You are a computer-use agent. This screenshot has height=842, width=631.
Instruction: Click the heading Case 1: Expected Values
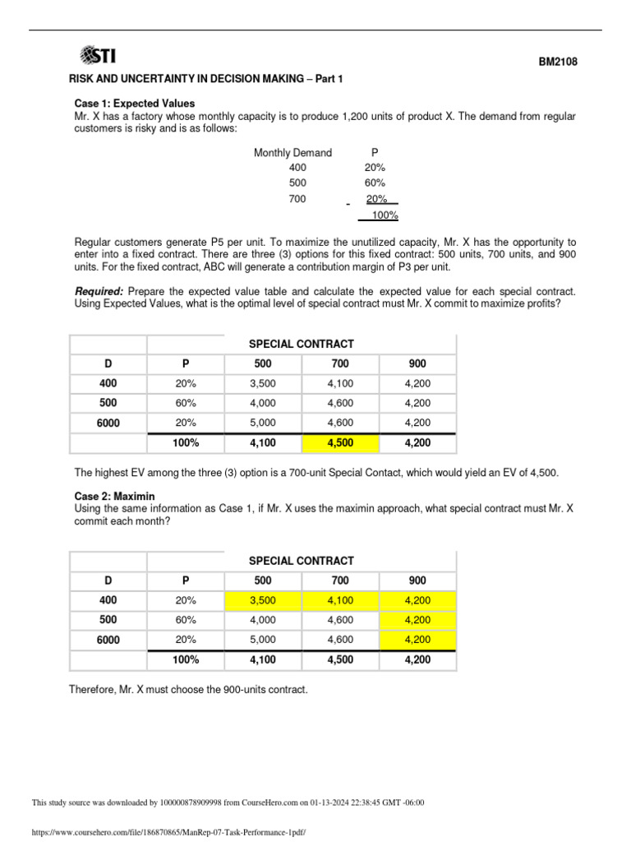[x=135, y=104]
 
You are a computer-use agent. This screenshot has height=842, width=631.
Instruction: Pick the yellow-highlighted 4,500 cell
[x=340, y=443]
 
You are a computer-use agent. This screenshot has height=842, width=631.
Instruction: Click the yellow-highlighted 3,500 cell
[x=263, y=600]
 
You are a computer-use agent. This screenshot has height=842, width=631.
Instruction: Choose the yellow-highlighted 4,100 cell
[x=340, y=600]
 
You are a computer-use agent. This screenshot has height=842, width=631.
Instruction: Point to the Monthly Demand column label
[x=292, y=152]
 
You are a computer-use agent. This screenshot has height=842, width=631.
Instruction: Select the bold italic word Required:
[x=99, y=292]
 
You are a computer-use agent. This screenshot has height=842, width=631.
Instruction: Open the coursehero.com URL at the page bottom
[x=168, y=832]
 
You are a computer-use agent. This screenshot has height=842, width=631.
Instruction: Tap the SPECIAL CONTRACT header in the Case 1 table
[x=302, y=344]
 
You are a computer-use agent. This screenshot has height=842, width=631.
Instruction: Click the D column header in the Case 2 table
[x=108, y=581]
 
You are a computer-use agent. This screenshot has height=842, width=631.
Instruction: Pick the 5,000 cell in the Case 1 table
[x=263, y=423]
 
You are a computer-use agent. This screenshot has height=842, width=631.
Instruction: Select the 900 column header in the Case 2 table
[x=417, y=581]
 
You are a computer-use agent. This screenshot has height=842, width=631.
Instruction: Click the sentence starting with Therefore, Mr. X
[x=188, y=689]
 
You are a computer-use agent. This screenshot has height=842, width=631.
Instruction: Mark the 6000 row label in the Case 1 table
[x=108, y=423]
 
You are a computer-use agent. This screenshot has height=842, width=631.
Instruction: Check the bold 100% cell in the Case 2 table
[x=186, y=659]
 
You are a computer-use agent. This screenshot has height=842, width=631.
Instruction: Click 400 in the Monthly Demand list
[x=297, y=167]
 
